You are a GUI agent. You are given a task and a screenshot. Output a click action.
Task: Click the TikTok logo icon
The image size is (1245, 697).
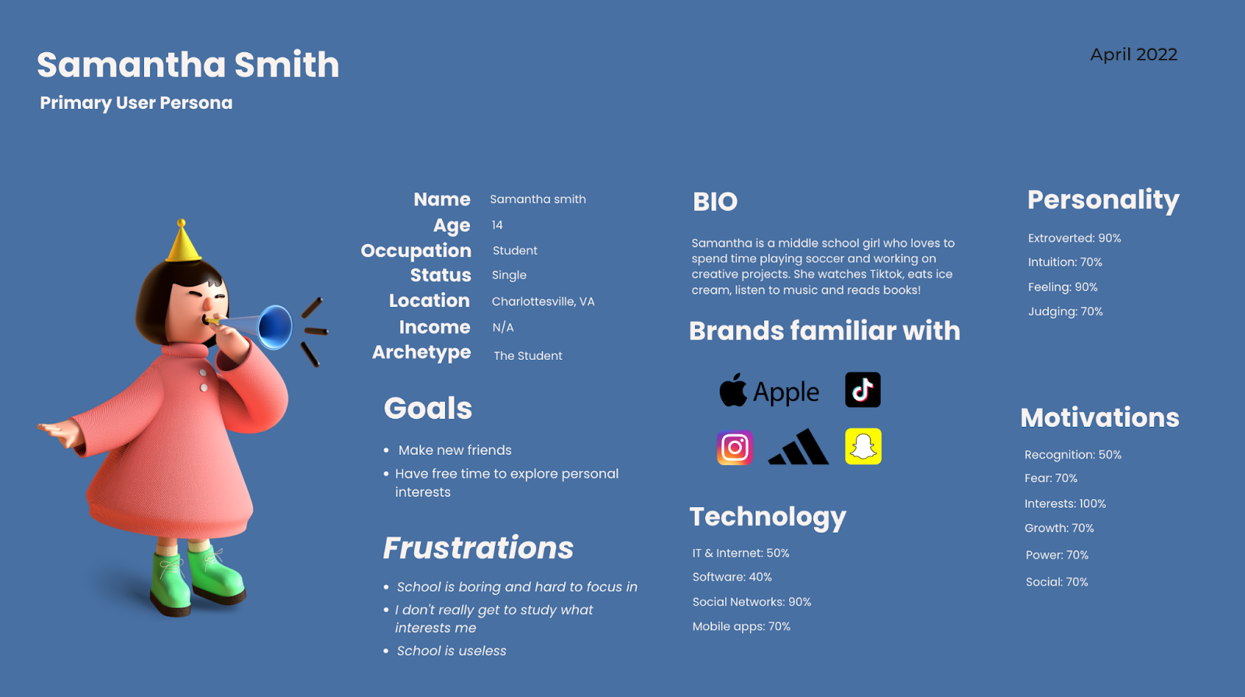point(863,390)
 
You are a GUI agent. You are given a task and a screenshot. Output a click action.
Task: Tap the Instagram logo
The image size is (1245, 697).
point(735,447)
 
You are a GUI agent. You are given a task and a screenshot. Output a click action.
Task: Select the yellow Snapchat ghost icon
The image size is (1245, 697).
point(863,446)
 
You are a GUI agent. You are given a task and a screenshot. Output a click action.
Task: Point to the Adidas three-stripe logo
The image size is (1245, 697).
point(798,447)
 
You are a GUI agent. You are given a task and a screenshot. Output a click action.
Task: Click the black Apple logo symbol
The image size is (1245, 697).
point(733,390)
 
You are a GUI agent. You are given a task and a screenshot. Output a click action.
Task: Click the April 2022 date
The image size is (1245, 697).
point(1134,55)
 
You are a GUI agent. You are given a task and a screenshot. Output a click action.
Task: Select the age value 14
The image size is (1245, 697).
point(497,225)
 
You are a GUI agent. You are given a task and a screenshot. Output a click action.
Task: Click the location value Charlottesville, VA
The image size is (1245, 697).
point(543,301)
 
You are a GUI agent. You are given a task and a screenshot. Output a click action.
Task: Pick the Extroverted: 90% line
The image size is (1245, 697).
point(1075,238)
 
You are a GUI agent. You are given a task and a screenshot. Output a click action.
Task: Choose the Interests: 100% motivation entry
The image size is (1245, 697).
point(1065,503)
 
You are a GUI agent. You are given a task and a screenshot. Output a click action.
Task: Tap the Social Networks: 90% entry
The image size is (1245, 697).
point(752,602)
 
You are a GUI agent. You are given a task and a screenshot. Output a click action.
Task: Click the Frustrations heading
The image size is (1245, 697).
point(478,548)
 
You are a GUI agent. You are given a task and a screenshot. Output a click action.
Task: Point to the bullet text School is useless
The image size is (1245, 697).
point(451,651)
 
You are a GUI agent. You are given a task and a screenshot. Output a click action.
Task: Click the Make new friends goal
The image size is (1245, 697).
point(454,450)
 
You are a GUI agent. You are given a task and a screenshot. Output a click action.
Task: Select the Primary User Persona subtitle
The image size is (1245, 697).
point(136,103)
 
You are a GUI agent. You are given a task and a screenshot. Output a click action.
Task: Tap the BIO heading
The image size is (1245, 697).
point(715,202)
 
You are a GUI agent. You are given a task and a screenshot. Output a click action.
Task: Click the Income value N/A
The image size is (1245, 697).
point(503,328)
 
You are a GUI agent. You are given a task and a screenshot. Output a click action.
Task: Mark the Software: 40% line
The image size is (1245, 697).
point(732,577)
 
